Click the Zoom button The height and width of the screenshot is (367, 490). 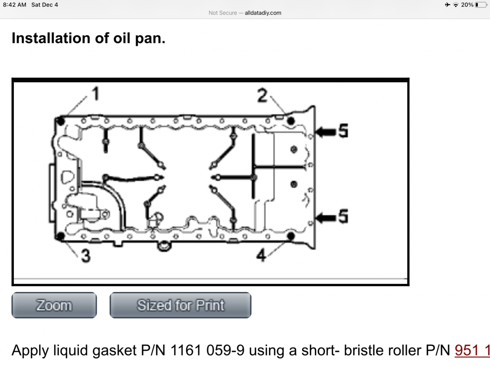click(x=54, y=305)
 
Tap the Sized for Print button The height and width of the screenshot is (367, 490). click(x=180, y=305)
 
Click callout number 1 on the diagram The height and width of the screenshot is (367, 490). click(x=95, y=94)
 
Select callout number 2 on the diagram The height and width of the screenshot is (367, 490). click(x=262, y=96)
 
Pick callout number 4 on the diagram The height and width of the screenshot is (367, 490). click(x=261, y=256)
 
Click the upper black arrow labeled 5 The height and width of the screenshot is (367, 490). click(x=327, y=131)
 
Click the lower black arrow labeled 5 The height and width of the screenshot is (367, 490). click(x=327, y=217)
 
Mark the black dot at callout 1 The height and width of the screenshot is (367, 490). click(x=61, y=121)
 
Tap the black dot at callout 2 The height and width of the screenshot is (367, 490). click(x=291, y=121)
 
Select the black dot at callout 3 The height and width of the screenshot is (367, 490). click(x=61, y=236)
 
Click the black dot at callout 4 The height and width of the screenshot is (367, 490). click(x=291, y=236)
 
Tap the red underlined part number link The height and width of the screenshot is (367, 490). click(x=472, y=350)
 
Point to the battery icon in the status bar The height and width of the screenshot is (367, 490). click(x=480, y=4)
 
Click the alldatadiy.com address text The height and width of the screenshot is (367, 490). click(x=263, y=13)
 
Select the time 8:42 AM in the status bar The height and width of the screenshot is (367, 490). click(x=14, y=4)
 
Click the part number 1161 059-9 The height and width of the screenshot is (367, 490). click(x=207, y=350)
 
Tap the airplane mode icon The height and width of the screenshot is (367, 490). click(x=448, y=4)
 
